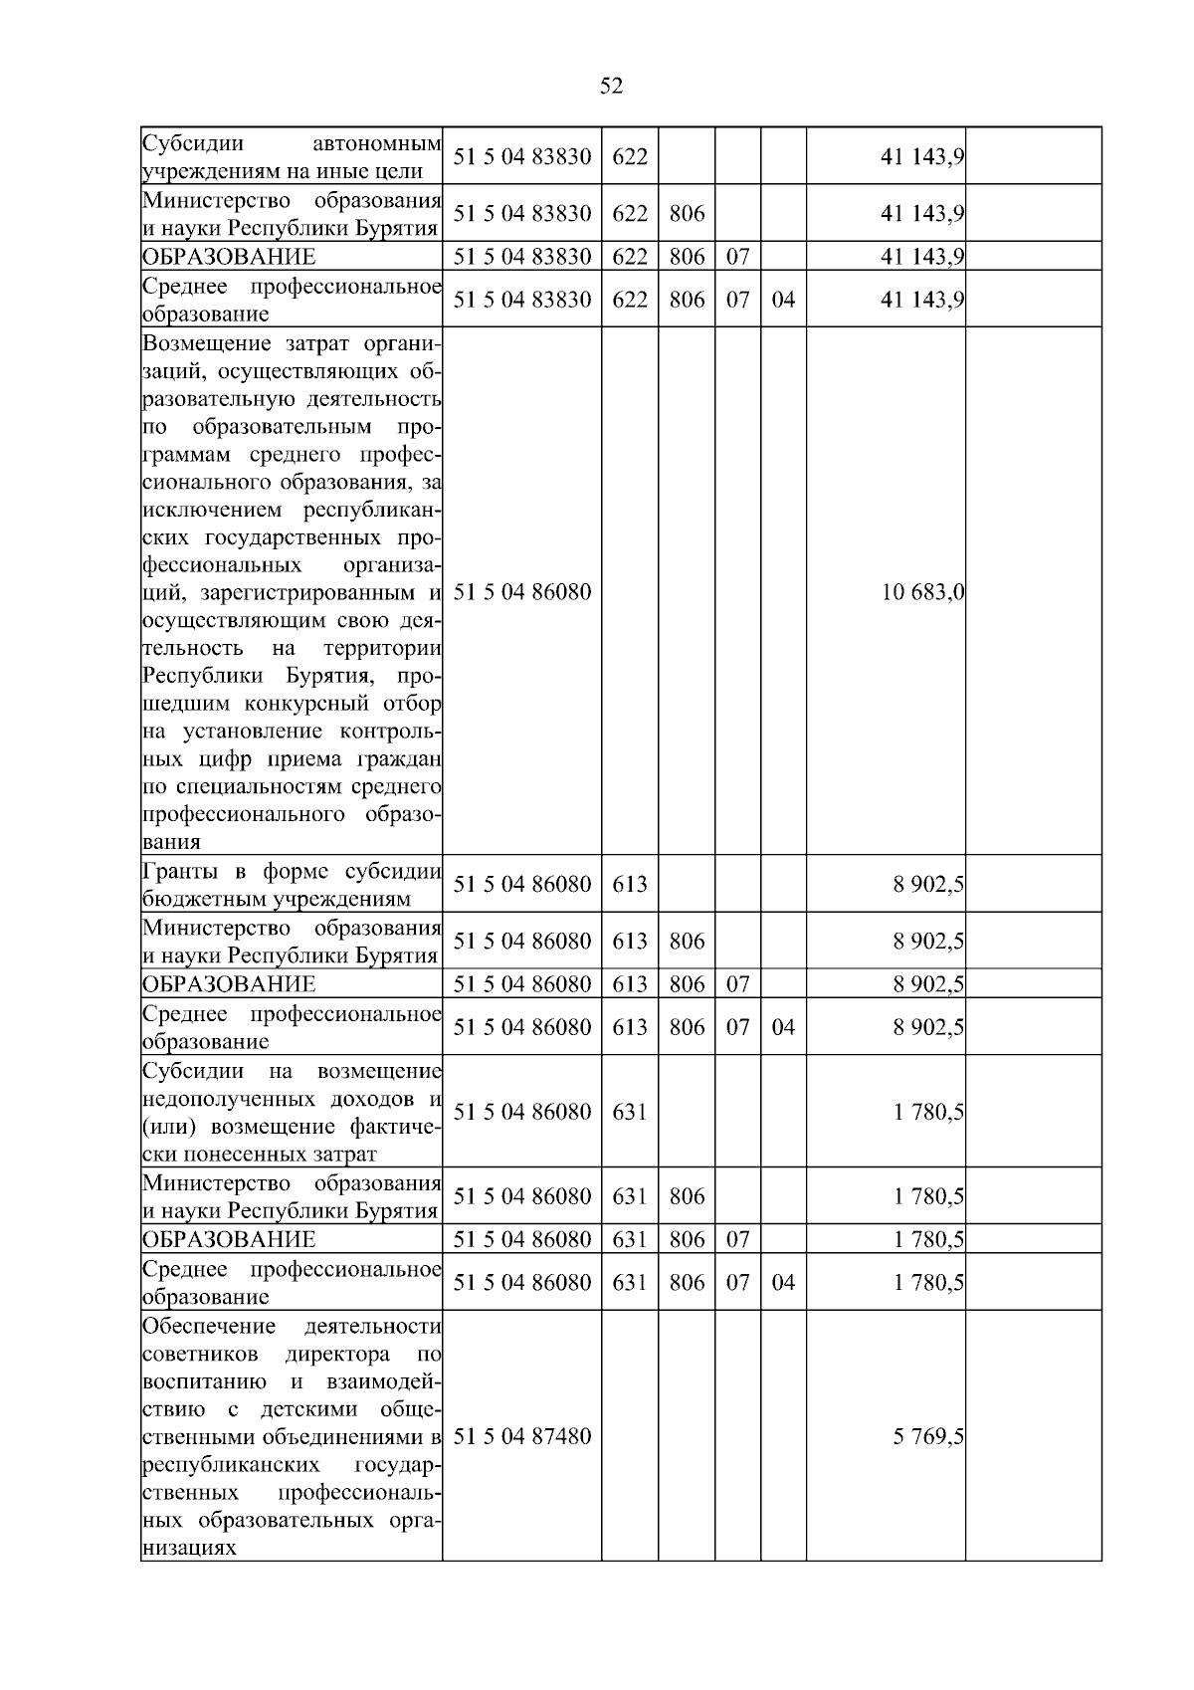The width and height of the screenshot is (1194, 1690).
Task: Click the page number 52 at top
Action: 611,87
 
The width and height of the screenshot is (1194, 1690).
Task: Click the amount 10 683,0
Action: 922,592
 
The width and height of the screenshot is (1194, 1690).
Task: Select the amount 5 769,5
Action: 928,1436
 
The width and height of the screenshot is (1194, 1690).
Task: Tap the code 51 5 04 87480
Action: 522,1436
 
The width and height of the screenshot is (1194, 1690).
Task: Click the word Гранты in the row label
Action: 182,872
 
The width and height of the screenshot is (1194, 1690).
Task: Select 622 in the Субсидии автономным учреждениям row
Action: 630,156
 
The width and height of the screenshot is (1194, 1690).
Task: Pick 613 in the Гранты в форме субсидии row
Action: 630,884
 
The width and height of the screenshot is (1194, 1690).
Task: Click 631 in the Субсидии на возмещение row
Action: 630,1112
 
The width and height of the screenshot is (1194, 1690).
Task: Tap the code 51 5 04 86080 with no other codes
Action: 522,592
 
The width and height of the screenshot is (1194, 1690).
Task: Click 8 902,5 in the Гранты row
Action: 928,884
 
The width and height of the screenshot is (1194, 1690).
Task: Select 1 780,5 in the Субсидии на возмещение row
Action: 928,1112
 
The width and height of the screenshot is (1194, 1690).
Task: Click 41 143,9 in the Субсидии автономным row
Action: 922,156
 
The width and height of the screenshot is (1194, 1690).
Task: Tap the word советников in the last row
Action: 201,1355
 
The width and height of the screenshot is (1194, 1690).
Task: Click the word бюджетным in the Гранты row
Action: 194,899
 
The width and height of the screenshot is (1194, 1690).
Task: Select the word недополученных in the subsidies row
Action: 229,1099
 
